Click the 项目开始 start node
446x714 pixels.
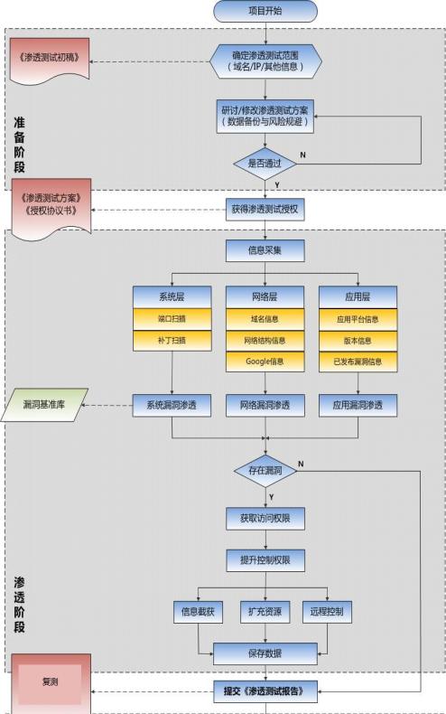[265, 11]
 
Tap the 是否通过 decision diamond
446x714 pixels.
[265, 164]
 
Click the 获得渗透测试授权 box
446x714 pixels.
[265, 209]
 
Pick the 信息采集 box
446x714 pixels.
[265, 250]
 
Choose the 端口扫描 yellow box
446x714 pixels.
[171, 318]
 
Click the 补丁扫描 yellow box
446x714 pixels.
[171, 340]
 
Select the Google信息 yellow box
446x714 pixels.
[265, 362]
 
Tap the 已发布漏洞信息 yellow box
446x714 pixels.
[358, 362]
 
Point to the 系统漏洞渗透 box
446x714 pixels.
[171, 406]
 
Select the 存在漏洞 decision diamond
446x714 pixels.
[265, 470]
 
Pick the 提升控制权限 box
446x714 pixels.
[265, 560]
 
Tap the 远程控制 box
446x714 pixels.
[326, 612]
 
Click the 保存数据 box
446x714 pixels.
[265, 653]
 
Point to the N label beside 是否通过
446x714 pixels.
[302, 155]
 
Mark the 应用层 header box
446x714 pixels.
[358, 296]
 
